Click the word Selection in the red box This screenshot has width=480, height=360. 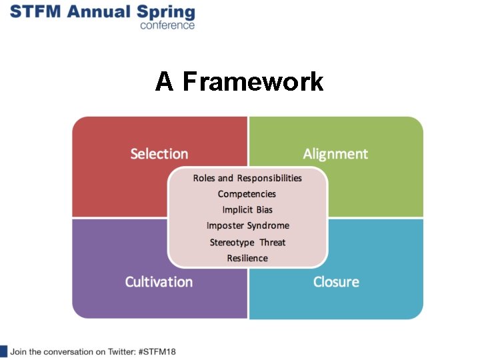159,154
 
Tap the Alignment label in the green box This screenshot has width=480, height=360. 335,154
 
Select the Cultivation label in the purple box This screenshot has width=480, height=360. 159,282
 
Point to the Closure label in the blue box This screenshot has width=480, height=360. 336,282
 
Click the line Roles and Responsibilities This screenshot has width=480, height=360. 247,178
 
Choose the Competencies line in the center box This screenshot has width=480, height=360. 247,194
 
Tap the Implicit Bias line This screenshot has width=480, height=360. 247,210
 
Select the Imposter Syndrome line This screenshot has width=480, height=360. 247,226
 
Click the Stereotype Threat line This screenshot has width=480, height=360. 247,242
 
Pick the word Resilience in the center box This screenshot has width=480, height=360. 247,258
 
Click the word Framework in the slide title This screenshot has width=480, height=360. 253,82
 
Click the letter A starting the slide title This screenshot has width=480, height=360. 165,82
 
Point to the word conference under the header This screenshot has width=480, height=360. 167,25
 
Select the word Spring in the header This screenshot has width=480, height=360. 170,13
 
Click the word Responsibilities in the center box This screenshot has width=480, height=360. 269,178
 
